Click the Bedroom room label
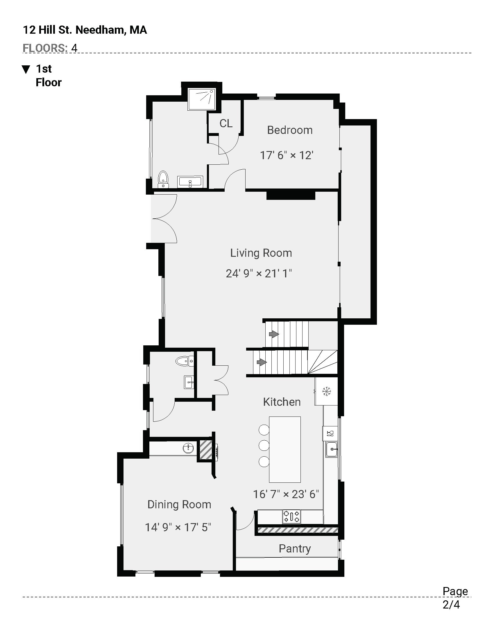point(290,130)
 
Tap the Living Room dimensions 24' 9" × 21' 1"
point(259,274)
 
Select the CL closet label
point(226,123)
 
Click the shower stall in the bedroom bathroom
point(202,99)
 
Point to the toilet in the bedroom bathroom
point(163,179)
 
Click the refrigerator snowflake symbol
point(326,391)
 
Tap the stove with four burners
point(291,516)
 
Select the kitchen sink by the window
point(332,449)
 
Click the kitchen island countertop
point(285,449)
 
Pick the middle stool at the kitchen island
point(264,445)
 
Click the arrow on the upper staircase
point(274,334)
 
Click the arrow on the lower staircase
point(262,362)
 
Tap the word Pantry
point(295,549)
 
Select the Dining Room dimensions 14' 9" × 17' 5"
point(178,527)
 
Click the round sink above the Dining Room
point(188,448)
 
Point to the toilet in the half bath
point(184,361)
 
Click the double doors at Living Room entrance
point(164,218)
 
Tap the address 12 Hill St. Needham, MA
point(85,30)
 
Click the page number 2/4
point(451,605)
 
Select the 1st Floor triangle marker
point(26,69)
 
